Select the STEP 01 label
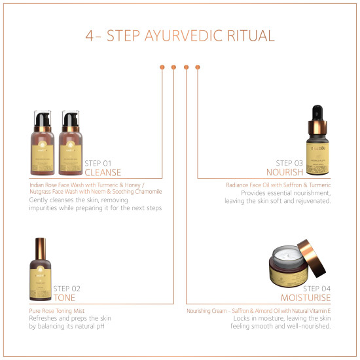98,163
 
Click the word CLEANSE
103,173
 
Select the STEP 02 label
67,288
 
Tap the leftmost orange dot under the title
161,67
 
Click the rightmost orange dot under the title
198,67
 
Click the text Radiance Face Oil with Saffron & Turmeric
278,185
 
